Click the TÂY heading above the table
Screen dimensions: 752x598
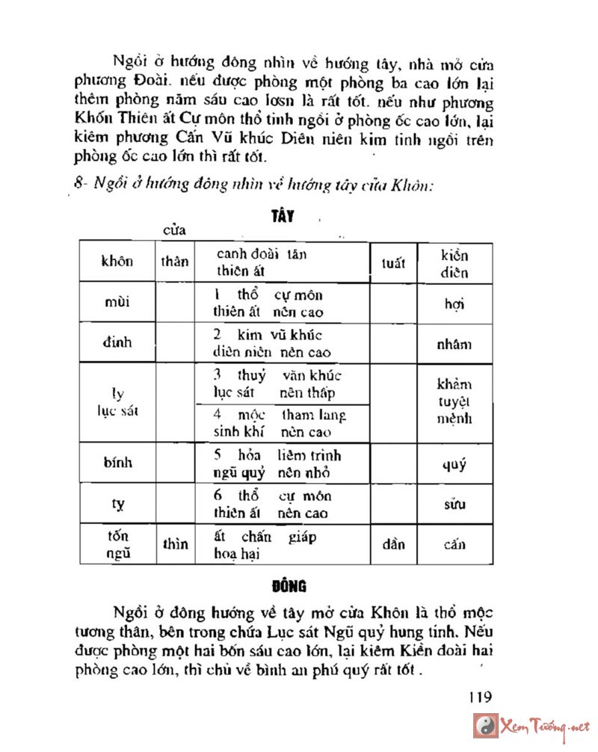point(283,217)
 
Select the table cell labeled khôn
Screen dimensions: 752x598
point(117,262)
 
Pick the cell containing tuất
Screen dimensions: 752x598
point(393,262)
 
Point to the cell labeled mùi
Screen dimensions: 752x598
point(117,302)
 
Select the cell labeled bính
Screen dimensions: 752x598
point(117,462)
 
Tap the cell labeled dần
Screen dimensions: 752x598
point(393,544)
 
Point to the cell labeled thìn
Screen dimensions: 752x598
point(175,544)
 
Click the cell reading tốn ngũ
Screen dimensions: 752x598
point(117,544)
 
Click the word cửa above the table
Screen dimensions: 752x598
point(175,229)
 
